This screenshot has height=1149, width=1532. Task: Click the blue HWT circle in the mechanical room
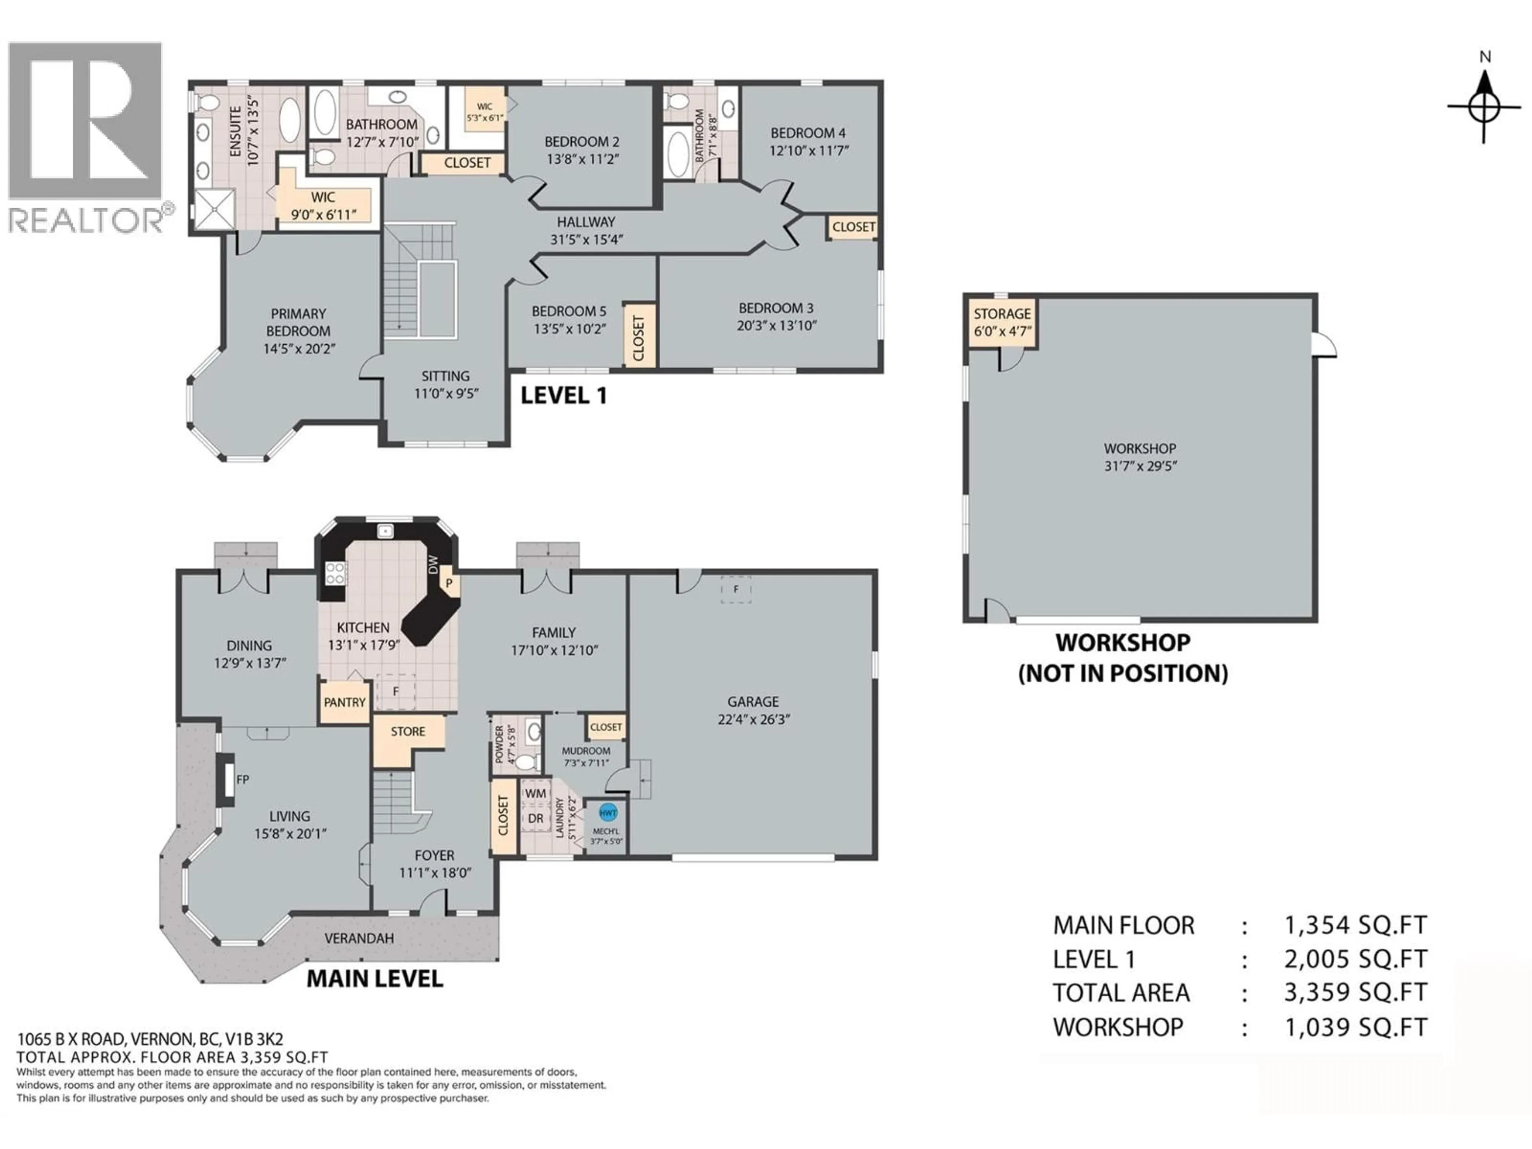pyautogui.click(x=607, y=812)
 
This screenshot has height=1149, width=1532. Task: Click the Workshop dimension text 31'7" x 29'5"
pyautogui.click(x=1140, y=466)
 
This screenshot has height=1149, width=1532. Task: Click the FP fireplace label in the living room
pyautogui.click(x=243, y=779)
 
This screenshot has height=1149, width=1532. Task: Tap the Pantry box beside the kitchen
pyautogui.click(x=344, y=702)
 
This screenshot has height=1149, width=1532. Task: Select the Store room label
pyautogui.click(x=407, y=731)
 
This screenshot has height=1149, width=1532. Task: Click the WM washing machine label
pyautogui.click(x=535, y=793)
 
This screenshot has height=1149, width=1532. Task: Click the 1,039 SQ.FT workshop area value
pyautogui.click(x=1355, y=1027)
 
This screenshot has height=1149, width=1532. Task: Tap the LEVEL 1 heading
pyautogui.click(x=563, y=395)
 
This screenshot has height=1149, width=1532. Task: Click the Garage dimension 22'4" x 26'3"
pyautogui.click(x=754, y=719)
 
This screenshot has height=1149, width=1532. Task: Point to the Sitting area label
pyautogui.click(x=445, y=376)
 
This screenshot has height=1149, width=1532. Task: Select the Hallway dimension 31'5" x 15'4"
pyautogui.click(x=586, y=240)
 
